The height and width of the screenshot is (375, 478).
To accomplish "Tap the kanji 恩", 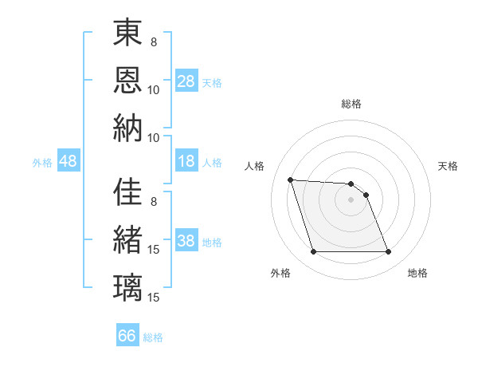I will tap(127, 79).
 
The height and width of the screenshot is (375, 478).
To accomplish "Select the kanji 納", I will tap(127, 127).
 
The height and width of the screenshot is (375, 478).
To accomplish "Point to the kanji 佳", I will tap(127, 192).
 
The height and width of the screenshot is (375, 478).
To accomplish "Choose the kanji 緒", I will tap(127, 239).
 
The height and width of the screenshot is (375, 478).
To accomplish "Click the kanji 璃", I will tap(127, 286).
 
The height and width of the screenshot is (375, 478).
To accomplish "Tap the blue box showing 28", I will tap(186, 81).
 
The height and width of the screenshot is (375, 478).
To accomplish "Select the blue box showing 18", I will tap(186, 162).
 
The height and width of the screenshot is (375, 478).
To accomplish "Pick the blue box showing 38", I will tap(186, 242).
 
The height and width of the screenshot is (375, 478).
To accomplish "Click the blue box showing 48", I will tap(69, 162).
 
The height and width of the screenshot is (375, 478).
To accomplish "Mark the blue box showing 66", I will tap(127, 336).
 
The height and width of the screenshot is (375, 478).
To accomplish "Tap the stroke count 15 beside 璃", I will tap(155, 297).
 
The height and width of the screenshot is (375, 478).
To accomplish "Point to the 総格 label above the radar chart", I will tap(351, 104).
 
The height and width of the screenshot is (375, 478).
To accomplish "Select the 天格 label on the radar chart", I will tap(449, 166).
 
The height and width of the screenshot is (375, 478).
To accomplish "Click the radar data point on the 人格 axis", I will tap(291, 180).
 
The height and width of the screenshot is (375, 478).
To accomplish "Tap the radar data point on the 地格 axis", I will tap(388, 252).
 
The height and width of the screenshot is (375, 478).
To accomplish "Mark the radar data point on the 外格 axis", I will tap(313, 252).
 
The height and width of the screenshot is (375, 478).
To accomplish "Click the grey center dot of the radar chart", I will tap(351, 199).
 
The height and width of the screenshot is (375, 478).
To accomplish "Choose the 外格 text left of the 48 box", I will tap(42, 163).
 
